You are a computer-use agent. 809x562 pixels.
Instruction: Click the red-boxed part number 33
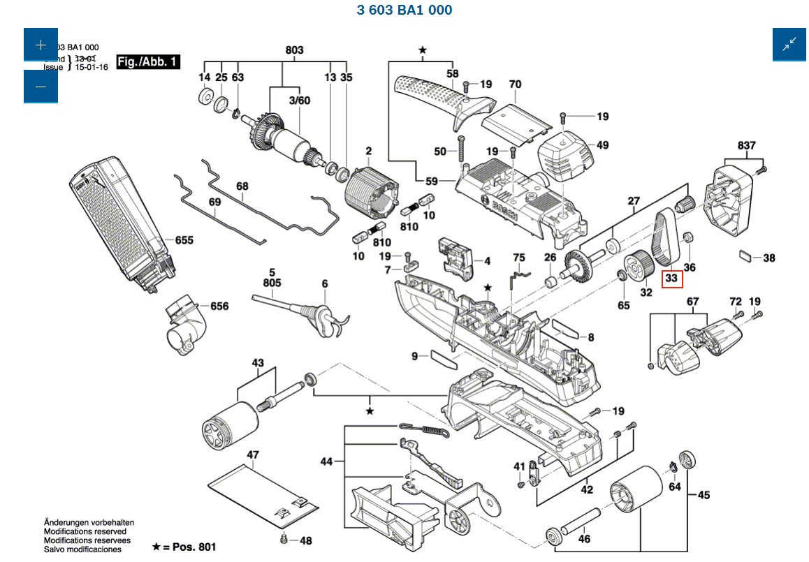pos(671,278)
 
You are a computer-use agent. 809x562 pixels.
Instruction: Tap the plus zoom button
pos(41,45)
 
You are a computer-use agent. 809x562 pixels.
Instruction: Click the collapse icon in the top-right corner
pos(789,45)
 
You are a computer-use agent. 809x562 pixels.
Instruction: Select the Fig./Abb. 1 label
pos(148,62)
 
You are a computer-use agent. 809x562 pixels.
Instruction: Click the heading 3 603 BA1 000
pos(404,10)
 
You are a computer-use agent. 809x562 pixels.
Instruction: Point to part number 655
pos(184,240)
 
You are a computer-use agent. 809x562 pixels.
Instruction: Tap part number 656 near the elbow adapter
pos(219,306)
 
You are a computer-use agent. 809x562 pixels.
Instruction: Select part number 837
pos(746,145)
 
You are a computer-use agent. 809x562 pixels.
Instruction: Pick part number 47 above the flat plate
pos(252,455)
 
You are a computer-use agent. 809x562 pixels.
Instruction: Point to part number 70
pos(515,84)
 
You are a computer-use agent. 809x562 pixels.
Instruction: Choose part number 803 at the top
pos(295,50)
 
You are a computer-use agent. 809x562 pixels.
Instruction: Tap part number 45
pos(704,495)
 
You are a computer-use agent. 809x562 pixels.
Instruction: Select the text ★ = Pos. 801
pos(184,547)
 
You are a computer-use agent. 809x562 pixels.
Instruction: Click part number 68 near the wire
pos(242,186)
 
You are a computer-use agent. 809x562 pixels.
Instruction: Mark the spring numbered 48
pos(284,539)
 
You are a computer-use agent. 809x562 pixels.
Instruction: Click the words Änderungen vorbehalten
pos(89,523)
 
